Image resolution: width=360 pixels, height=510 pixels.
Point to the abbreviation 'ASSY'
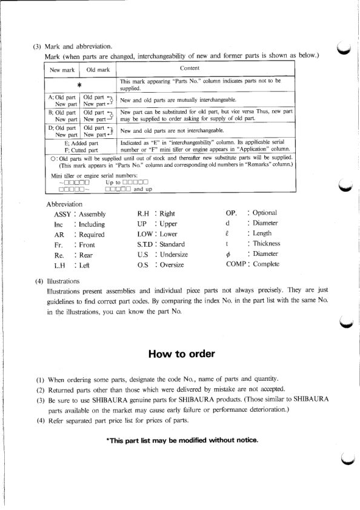coord(62,213)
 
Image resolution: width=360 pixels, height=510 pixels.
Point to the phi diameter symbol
coord(227,254)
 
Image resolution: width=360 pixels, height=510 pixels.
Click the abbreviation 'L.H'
coord(58,265)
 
